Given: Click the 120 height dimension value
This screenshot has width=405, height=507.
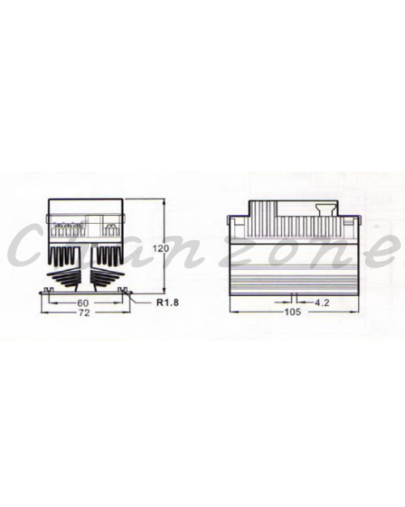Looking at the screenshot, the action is click(161, 249).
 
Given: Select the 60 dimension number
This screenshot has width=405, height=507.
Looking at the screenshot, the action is click(83, 303).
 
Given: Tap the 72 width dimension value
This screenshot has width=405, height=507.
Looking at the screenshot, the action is click(83, 312).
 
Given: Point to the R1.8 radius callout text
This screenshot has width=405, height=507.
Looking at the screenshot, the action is click(168, 303).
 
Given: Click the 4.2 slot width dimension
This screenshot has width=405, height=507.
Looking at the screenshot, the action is click(322, 303).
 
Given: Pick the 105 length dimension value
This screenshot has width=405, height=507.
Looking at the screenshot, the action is click(292, 312).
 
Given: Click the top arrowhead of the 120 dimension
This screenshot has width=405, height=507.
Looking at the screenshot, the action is click(164, 202).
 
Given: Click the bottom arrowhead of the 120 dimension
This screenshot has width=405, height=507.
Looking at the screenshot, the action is click(164, 290).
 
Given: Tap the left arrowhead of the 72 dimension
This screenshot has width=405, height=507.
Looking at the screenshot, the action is click(45, 312).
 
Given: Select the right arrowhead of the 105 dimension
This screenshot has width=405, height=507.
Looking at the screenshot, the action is click(356, 312).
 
